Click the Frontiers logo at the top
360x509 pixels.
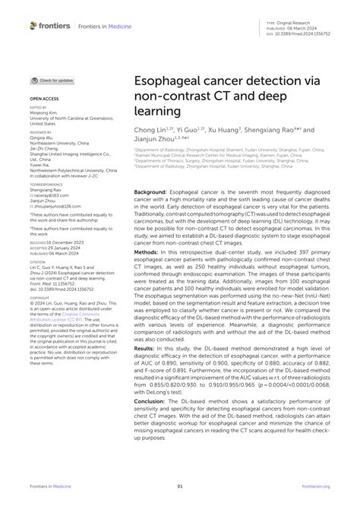(x=50, y=26)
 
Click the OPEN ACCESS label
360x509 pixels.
(x=44, y=99)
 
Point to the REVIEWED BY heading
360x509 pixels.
(x=41, y=131)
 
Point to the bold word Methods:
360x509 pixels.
(x=147, y=272)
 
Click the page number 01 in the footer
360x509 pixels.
(x=180, y=486)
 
